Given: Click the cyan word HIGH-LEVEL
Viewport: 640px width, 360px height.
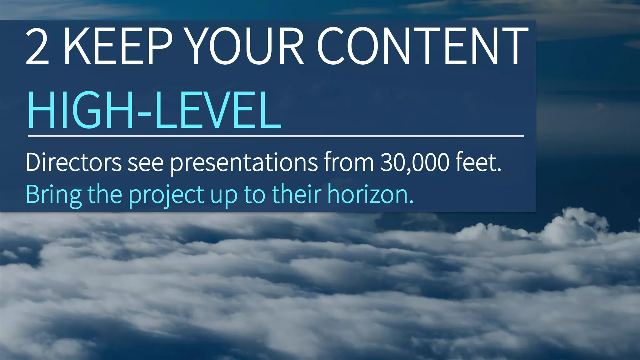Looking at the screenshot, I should [x=154, y=110].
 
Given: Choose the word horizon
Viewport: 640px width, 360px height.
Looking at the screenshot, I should [x=370, y=194].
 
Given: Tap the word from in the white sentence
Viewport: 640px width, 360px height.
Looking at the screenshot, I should [x=349, y=162].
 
